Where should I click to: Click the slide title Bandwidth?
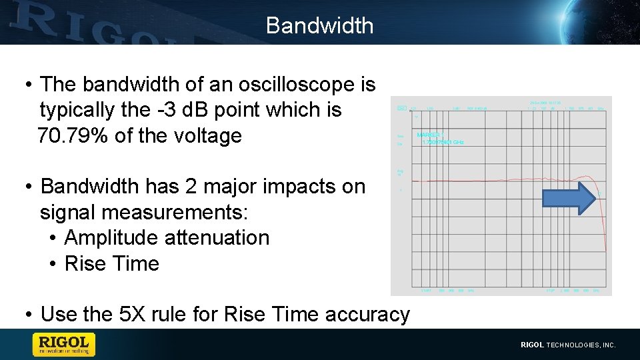tap(319, 25)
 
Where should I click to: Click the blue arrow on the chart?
tap(568, 199)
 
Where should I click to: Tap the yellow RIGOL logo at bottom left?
tap(64, 345)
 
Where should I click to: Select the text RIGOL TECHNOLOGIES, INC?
tap(568, 345)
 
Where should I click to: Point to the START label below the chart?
tap(427, 291)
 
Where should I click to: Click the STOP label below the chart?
tap(551, 291)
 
